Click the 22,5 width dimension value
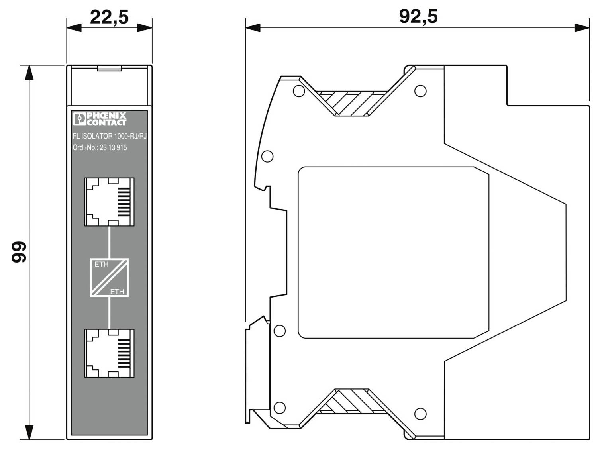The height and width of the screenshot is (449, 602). click(x=109, y=17)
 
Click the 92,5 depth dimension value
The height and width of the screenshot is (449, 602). click(x=418, y=16)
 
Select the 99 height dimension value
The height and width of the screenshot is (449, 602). click(x=19, y=252)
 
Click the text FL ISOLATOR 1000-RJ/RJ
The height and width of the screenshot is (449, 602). click(x=110, y=136)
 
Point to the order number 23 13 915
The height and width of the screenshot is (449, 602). click(x=113, y=147)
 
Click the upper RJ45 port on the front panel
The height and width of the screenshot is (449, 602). click(x=109, y=202)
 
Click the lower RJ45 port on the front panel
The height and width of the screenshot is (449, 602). click(x=109, y=353)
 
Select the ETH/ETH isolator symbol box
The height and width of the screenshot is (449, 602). click(x=109, y=278)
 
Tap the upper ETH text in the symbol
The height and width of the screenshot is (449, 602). click(x=101, y=264)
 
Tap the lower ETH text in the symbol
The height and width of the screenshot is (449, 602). click(x=117, y=292)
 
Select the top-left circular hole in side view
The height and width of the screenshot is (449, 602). click(x=298, y=91)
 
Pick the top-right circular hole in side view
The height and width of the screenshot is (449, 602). click(x=420, y=91)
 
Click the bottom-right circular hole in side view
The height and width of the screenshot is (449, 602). click(x=420, y=414)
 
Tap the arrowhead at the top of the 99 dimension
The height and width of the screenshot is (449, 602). click(x=29, y=73)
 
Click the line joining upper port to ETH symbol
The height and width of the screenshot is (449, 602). click(x=109, y=242)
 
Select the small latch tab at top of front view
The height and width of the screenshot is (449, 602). click(x=109, y=69)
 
